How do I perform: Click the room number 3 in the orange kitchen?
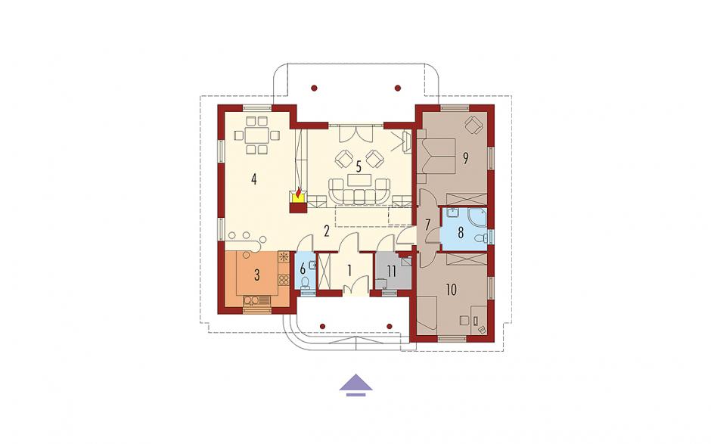[257, 275]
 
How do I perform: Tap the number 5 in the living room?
[359, 167]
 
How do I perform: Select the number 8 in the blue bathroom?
[461, 233]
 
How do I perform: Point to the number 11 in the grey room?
[391, 272]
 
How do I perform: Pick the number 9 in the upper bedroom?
[465, 158]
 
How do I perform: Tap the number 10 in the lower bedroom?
[451, 290]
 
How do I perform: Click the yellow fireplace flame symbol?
[297, 195]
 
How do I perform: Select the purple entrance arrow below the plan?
[356, 382]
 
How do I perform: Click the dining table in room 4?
[256, 135]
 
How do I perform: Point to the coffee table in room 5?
[359, 179]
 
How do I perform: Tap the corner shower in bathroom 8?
[477, 218]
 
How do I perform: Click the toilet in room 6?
[306, 282]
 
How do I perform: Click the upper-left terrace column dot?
[314, 88]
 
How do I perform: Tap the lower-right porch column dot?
[389, 326]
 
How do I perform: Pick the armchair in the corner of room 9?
[473, 125]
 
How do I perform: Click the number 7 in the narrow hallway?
[427, 224]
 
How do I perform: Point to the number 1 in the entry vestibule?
[349, 271]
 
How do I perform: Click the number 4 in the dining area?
[254, 179]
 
